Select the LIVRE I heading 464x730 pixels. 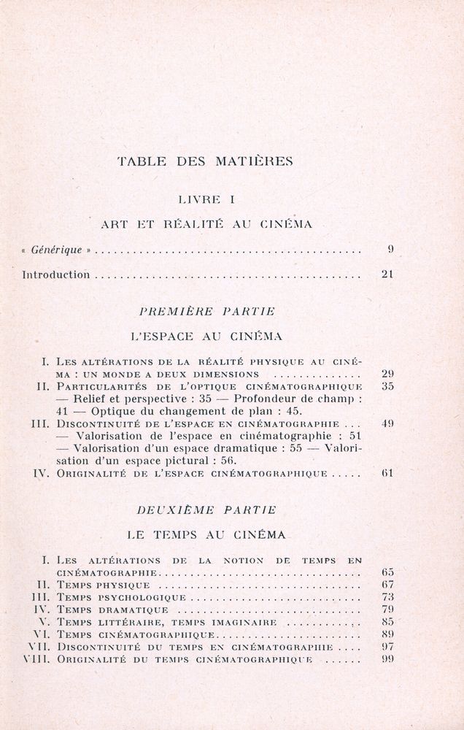(x=205, y=198)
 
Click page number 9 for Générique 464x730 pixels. (x=390, y=250)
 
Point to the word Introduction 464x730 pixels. (x=56, y=275)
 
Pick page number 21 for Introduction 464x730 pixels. (x=387, y=275)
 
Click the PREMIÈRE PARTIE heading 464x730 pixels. (x=206, y=311)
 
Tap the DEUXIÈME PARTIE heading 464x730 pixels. (x=206, y=508)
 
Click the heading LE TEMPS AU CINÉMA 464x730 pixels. (x=206, y=534)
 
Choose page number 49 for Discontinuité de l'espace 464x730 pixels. (x=387, y=423)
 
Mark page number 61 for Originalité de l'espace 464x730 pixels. (x=387, y=474)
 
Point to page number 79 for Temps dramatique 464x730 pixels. (x=387, y=610)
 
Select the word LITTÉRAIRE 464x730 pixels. (x=130, y=622)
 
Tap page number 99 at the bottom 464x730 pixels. (x=387, y=659)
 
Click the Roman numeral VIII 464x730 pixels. (x=35, y=659)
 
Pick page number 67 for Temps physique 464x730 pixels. (x=387, y=585)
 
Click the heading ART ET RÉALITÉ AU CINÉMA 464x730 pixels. (x=206, y=224)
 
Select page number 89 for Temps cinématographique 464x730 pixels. (x=387, y=634)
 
